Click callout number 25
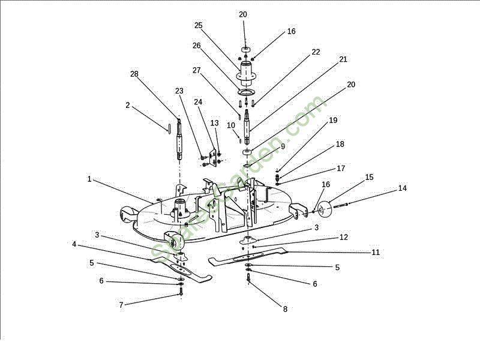tap(199, 25)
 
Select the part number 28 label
tap(134, 74)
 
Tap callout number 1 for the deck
tap(89, 179)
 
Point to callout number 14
tap(402, 188)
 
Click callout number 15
tap(369, 177)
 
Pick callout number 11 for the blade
tap(376, 253)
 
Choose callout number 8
tap(285, 309)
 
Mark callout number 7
tap(121, 305)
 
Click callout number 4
tap(74, 244)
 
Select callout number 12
tap(343, 238)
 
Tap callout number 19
tap(334, 121)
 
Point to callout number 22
tap(316, 52)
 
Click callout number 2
tap(128, 105)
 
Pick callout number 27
tap(196, 70)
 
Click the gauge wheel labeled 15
tap(326, 210)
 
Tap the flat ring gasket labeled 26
tap(246, 92)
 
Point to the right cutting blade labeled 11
tap(252, 256)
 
